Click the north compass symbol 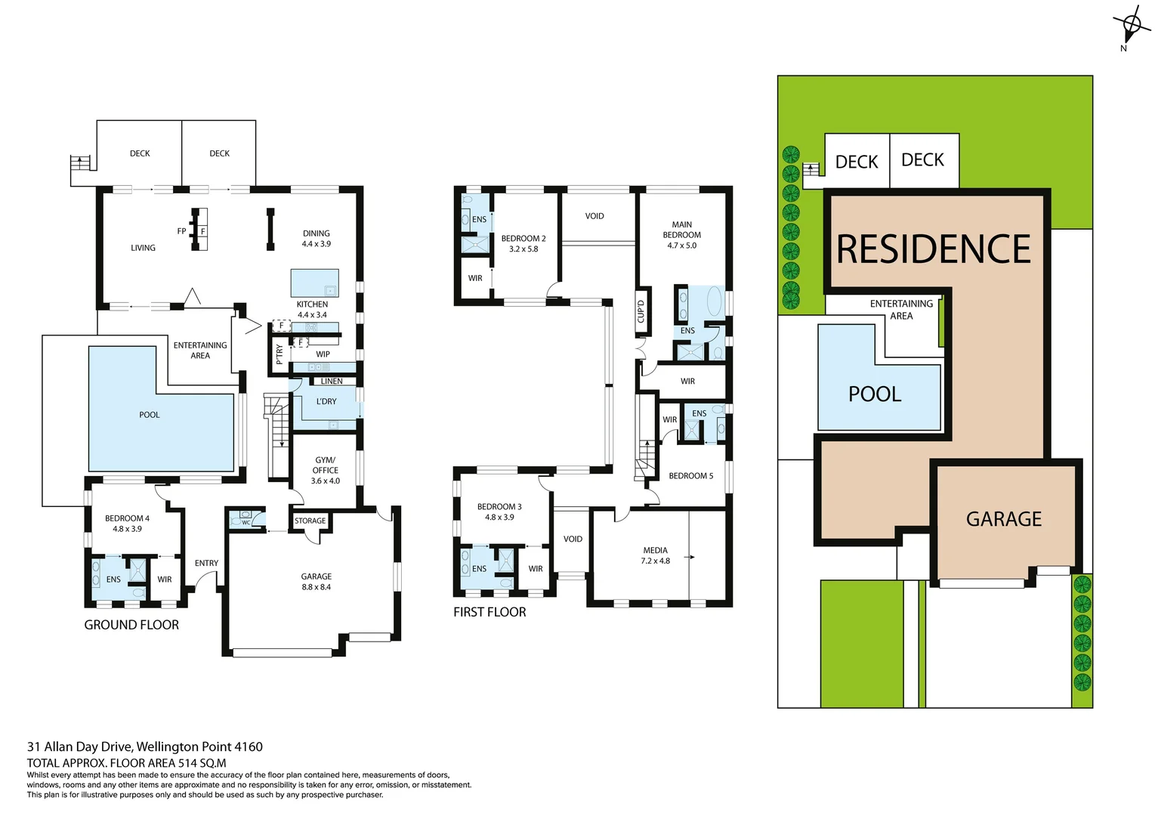coord(1131,26)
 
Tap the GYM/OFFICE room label coord(326,470)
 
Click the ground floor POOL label coord(150,415)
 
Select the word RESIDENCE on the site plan coord(934,249)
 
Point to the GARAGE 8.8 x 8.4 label coord(316,582)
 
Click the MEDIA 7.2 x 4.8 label coord(655,555)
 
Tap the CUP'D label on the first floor coord(641,311)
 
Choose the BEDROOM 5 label coord(690,476)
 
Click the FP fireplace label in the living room coord(181,231)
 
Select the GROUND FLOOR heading coord(131,625)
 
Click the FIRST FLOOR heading coord(489,612)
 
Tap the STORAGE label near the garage coord(310,521)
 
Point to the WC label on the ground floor coord(246,522)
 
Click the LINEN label coord(331,381)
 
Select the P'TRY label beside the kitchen coord(279,354)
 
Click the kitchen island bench coord(314,283)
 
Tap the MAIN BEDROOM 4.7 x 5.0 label coord(681,235)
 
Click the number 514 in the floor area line coord(187,763)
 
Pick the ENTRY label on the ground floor coord(206,563)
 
